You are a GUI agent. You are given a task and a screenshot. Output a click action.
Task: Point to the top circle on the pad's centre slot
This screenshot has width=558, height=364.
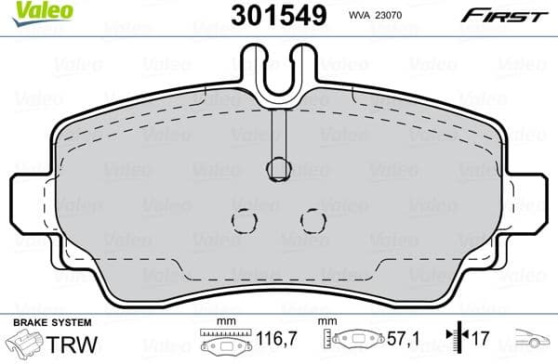point(278,168)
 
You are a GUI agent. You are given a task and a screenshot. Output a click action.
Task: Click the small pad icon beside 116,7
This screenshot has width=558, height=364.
point(229,343)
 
